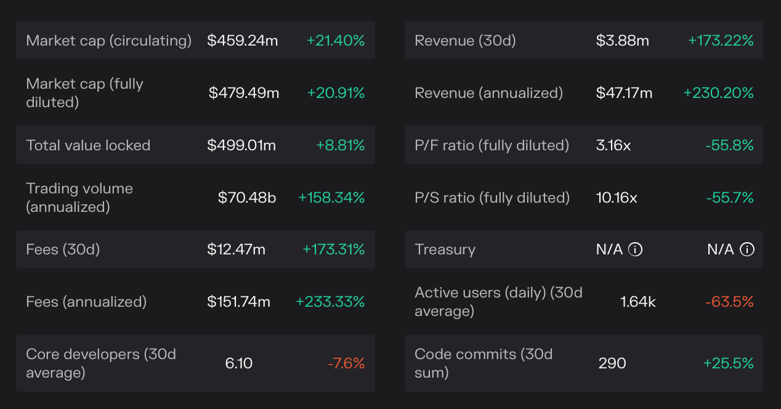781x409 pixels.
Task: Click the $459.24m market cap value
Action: (x=243, y=41)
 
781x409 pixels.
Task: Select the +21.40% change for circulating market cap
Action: (x=336, y=41)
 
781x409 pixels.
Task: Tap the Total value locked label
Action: (x=88, y=145)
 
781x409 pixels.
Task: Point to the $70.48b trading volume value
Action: (x=247, y=198)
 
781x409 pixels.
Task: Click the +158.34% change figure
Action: (x=331, y=198)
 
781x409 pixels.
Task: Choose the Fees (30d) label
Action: (x=63, y=249)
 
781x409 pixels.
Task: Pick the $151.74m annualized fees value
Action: (x=238, y=302)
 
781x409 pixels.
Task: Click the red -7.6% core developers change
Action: (x=346, y=363)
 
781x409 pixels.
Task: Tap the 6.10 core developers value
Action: (x=239, y=363)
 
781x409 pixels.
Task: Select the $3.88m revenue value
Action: (x=623, y=41)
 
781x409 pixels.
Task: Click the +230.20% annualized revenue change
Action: (x=719, y=93)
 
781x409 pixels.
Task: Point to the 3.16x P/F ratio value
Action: (x=613, y=145)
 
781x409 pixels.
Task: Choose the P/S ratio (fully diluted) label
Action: (x=492, y=198)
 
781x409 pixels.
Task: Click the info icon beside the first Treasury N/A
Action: (x=635, y=249)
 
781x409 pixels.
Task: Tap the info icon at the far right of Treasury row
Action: (x=747, y=249)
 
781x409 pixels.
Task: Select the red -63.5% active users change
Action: (x=730, y=302)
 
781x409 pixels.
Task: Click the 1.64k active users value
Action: (x=638, y=302)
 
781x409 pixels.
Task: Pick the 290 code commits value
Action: (x=612, y=363)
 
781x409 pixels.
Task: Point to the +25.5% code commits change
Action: (x=729, y=363)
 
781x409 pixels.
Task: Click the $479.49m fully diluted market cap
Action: (x=244, y=93)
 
